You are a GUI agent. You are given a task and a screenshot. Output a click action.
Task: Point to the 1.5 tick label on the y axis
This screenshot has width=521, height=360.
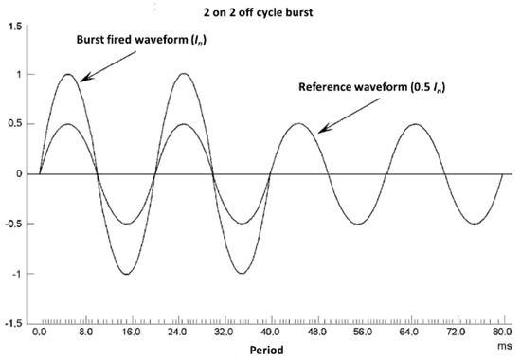[13, 26]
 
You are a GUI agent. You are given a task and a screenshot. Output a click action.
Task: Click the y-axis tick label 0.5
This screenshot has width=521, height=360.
[13, 125]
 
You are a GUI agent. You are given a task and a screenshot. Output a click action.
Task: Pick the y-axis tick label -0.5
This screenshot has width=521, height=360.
[12, 225]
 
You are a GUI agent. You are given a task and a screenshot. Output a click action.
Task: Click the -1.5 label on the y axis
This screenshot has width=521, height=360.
[12, 324]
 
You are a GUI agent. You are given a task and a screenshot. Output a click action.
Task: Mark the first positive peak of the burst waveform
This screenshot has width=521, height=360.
[68, 75]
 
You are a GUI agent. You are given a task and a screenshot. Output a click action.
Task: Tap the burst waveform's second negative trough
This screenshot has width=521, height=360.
[242, 274]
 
